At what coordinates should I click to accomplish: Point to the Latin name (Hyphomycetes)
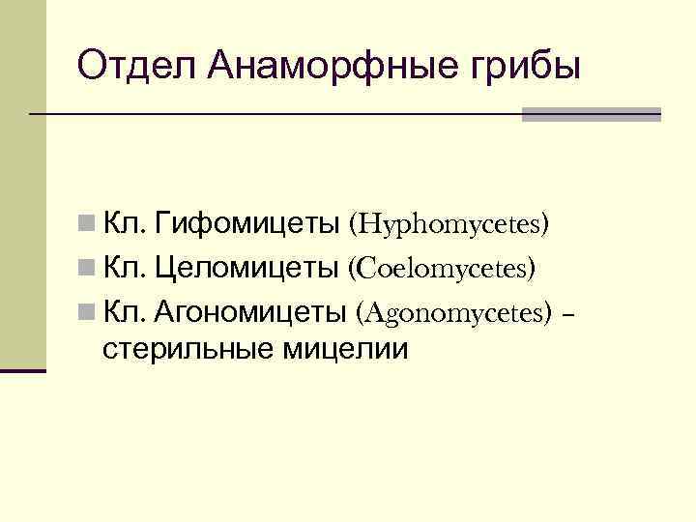[x=450, y=225]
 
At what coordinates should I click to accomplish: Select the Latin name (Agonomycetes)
[x=454, y=312]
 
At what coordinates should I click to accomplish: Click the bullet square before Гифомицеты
[x=87, y=225]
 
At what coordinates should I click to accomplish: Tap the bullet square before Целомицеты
[x=87, y=269]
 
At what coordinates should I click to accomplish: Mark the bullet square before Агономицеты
[x=87, y=312]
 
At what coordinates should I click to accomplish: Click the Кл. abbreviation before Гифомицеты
[x=124, y=224]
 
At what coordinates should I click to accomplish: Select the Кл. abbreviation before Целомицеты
[x=124, y=268]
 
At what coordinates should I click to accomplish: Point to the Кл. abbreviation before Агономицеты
[x=124, y=311]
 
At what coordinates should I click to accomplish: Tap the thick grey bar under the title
[x=591, y=114]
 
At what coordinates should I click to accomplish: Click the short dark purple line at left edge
[x=23, y=369]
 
